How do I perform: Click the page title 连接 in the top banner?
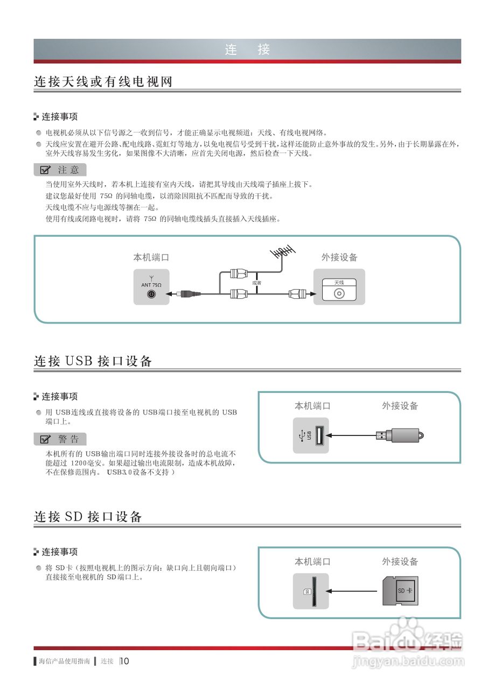[x=247, y=50]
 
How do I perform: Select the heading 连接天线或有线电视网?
[x=103, y=82]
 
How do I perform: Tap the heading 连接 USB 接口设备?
[x=93, y=361]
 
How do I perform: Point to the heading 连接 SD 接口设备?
[x=88, y=517]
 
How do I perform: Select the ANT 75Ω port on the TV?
[x=151, y=294]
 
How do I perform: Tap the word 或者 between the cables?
[x=256, y=283]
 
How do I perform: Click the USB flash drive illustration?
[x=400, y=434]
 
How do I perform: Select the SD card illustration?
[x=400, y=590]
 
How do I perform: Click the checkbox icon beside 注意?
[x=45, y=170]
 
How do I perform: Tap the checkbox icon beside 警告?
[x=45, y=439]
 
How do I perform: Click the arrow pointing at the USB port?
[x=350, y=435]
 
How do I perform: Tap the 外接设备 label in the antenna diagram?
[x=339, y=257]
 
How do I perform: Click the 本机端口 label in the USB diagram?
[x=312, y=406]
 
